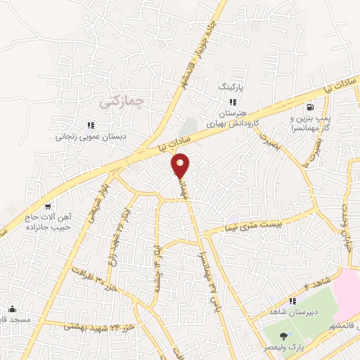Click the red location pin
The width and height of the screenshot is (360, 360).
click(x=181, y=166)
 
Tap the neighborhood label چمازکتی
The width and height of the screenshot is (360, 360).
click(x=122, y=101)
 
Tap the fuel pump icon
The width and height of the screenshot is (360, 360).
click(x=309, y=108)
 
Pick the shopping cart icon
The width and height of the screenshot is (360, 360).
click(x=47, y=206)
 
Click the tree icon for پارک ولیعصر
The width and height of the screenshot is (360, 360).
click(x=283, y=336)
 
